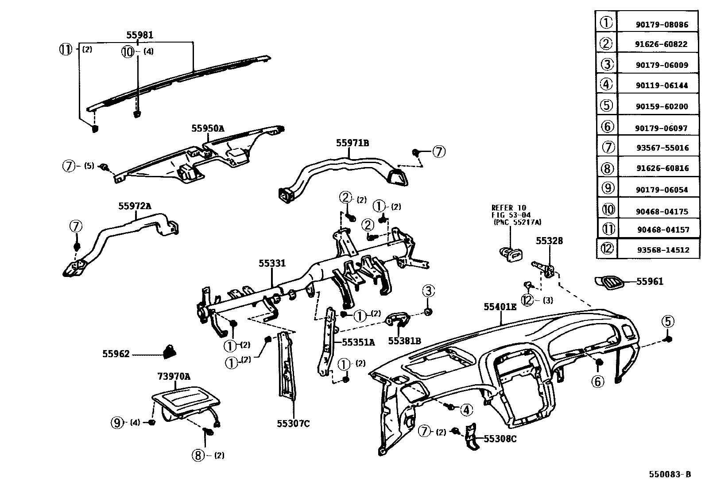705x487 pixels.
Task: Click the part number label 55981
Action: [x=139, y=35]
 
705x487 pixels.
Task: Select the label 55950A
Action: [x=208, y=129]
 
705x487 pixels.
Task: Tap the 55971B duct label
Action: [x=352, y=143]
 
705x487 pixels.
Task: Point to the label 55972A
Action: [x=135, y=206]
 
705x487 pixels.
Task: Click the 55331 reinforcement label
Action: [x=272, y=263]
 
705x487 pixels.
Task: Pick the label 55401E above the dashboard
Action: [x=500, y=307]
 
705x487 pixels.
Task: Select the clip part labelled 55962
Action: [x=170, y=351]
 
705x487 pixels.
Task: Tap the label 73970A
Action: [x=174, y=377]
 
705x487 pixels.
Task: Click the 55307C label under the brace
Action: [x=293, y=424]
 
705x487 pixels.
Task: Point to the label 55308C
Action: [x=500, y=439]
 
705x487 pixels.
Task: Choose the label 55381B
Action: [x=404, y=341]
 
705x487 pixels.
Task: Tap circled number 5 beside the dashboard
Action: [x=668, y=321]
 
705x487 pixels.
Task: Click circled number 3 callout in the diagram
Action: [x=428, y=292]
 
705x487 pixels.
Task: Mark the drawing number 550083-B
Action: [x=670, y=474]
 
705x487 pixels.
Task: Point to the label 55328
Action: [x=549, y=241]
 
